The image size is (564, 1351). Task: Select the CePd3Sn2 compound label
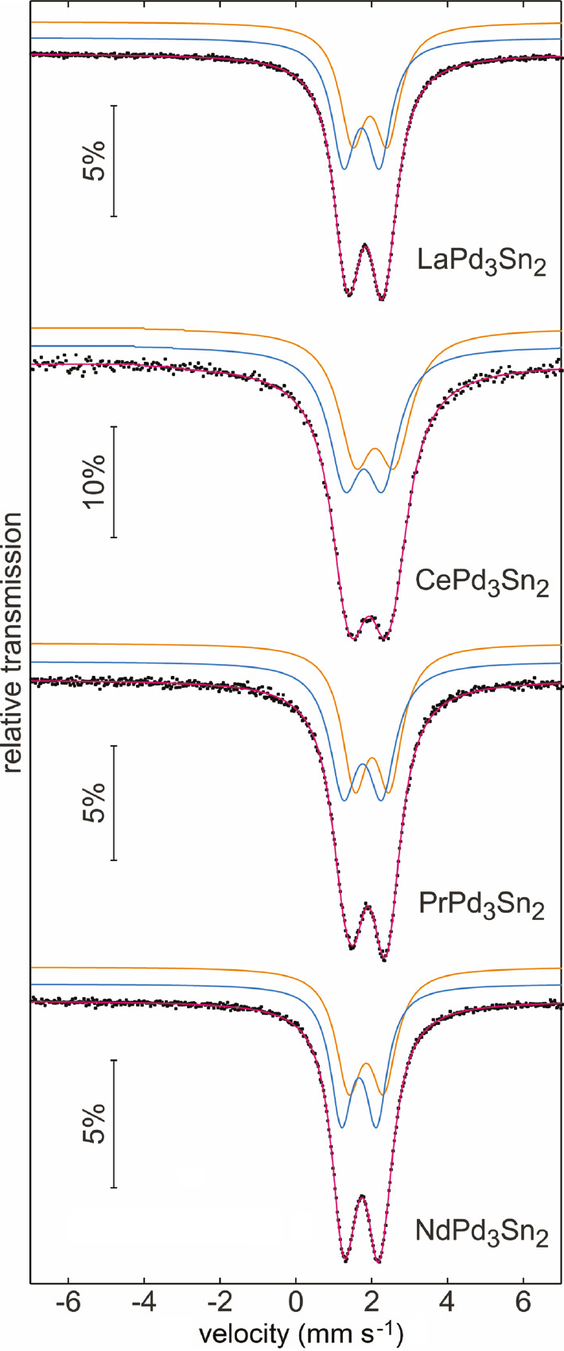(x=481, y=584)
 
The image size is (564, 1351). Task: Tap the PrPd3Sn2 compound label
(x=481, y=906)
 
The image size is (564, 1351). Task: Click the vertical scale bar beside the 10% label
(x=115, y=482)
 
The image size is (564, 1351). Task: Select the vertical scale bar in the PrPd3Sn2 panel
(x=115, y=802)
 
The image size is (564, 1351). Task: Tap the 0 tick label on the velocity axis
(x=296, y=1306)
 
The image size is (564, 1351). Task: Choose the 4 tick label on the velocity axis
(x=447, y=1306)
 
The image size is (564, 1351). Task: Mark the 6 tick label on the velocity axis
(x=523, y=1306)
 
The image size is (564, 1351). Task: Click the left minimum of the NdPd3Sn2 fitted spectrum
(x=345, y=1260)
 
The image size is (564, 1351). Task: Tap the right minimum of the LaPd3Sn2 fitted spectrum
(x=383, y=300)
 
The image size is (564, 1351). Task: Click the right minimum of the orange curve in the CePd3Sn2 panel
(x=393, y=469)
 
